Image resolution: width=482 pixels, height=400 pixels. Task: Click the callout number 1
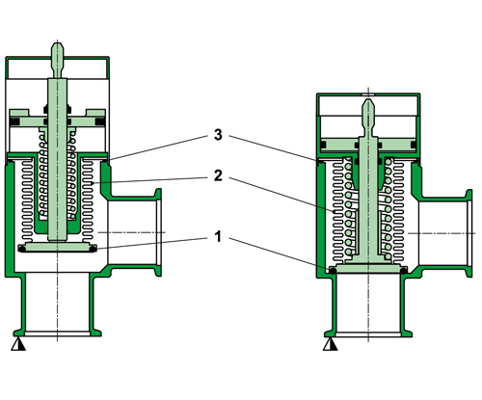click(x=221, y=236)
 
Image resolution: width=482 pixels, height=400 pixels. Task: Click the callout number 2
click(x=221, y=177)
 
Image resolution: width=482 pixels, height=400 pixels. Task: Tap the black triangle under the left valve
click(x=16, y=343)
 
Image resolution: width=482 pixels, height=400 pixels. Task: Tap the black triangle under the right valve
click(x=331, y=343)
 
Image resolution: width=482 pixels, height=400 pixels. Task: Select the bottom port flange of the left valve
click(x=61, y=333)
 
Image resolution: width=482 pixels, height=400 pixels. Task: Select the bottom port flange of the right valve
click(x=371, y=333)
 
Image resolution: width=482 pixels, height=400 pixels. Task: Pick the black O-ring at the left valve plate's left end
click(x=21, y=250)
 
